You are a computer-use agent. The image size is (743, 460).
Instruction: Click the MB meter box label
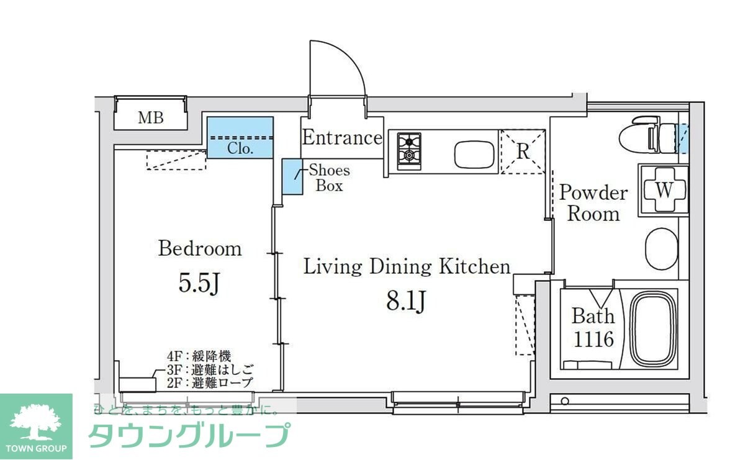coord(150,117)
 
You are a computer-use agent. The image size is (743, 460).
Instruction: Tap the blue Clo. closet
coord(240,138)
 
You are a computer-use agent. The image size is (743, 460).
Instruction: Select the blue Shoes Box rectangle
coord(292,177)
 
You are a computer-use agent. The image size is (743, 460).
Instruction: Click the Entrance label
coord(341,138)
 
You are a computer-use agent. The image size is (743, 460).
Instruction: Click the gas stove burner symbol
coord(409,150)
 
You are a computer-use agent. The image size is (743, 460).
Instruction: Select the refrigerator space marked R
coord(523,151)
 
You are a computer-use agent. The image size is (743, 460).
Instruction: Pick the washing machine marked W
coord(664,190)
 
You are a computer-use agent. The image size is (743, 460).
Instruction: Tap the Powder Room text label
coord(593,203)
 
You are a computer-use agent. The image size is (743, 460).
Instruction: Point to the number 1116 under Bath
coord(593,339)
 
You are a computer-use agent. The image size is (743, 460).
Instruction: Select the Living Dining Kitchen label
coord(407,267)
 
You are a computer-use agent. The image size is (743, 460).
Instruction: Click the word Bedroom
coord(199,249)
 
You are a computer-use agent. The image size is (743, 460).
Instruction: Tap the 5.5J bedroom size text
coord(199,283)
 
